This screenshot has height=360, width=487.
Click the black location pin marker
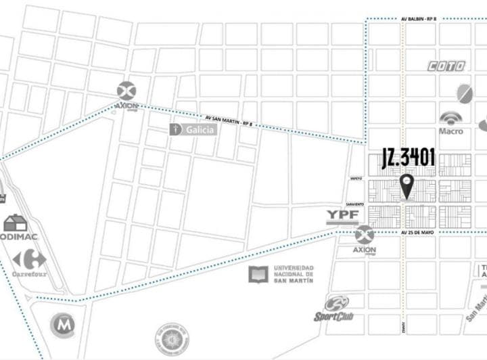click(407, 184)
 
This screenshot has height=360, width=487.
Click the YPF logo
click(342, 216)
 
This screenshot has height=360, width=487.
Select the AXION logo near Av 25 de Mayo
click(365, 236)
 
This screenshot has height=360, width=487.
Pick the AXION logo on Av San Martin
click(126, 92)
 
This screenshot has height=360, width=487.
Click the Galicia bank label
click(193, 129)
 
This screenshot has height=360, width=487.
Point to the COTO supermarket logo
click(446, 66)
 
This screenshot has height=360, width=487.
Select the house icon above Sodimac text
click(15, 223)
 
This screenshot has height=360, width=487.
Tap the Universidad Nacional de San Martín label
click(293, 274)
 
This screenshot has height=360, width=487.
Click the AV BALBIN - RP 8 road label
click(418, 19)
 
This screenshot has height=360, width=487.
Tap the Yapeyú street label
click(357, 179)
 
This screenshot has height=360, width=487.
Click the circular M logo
click(62, 325)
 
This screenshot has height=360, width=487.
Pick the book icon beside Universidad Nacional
click(258, 274)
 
